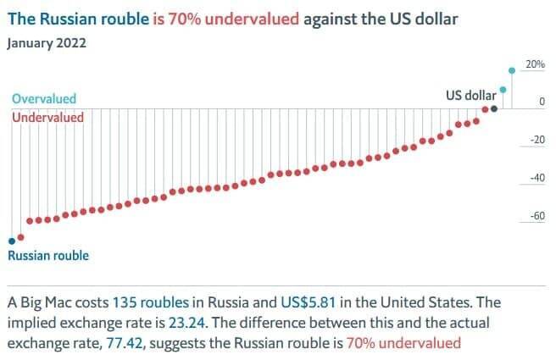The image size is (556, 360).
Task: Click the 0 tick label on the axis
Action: click(x=541, y=102)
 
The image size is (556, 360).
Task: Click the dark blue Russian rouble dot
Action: click(x=11, y=241)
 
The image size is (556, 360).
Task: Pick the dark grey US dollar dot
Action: click(x=494, y=108)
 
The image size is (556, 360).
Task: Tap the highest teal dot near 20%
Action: click(x=511, y=70)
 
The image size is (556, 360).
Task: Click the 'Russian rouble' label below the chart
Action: click(x=47, y=255)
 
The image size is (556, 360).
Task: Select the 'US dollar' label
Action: click(x=465, y=95)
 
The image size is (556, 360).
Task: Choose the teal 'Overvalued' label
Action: click(x=43, y=99)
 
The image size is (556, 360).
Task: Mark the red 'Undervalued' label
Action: click(x=47, y=117)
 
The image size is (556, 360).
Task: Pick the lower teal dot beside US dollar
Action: click(x=503, y=89)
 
